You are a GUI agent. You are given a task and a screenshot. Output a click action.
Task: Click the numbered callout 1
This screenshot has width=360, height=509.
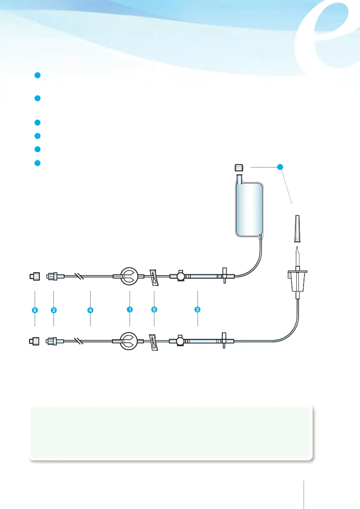(129, 310)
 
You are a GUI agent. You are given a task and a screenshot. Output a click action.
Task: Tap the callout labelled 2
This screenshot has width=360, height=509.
(53, 310)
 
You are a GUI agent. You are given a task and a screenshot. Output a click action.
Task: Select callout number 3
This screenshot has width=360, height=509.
(198, 310)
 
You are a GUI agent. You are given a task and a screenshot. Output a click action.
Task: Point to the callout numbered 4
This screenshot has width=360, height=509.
(91, 310)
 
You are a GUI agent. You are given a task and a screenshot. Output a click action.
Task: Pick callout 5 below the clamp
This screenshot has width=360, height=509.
(154, 310)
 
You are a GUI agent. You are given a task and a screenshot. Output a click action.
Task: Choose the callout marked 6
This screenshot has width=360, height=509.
(35, 310)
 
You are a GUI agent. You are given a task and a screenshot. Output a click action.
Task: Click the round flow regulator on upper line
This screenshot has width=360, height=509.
(129, 277)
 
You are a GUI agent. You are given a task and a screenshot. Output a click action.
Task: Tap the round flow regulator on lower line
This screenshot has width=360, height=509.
(129, 341)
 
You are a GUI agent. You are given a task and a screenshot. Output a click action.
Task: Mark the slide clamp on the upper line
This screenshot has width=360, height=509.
(153, 277)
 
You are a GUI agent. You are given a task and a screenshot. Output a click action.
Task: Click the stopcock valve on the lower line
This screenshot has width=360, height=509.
(178, 341)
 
